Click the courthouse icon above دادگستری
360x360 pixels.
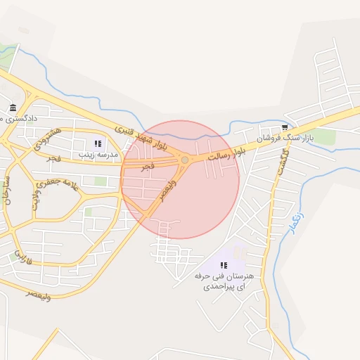(13, 108)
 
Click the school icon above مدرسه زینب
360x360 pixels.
(98, 143)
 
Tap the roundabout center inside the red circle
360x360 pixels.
(184, 160)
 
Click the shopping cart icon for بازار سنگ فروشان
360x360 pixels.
(285, 127)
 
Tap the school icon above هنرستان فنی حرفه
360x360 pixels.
(224, 265)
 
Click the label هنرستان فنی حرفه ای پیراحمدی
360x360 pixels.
(224, 281)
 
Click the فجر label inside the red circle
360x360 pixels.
(147, 167)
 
